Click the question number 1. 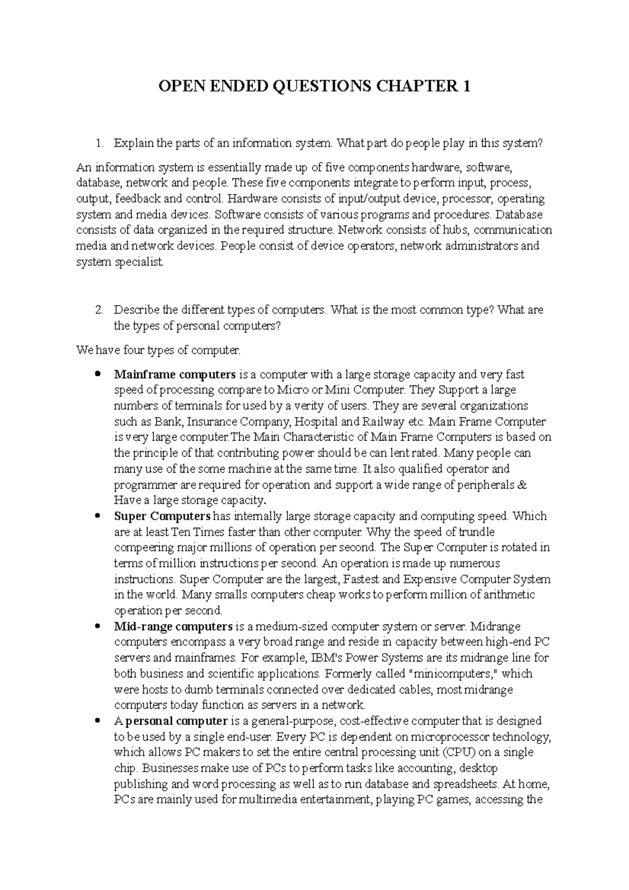[x=99, y=143]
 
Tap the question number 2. [x=99, y=310]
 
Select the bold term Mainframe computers [x=175, y=375]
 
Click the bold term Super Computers [x=162, y=516]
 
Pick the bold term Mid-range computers [x=173, y=626]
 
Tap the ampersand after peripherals [x=521, y=485]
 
